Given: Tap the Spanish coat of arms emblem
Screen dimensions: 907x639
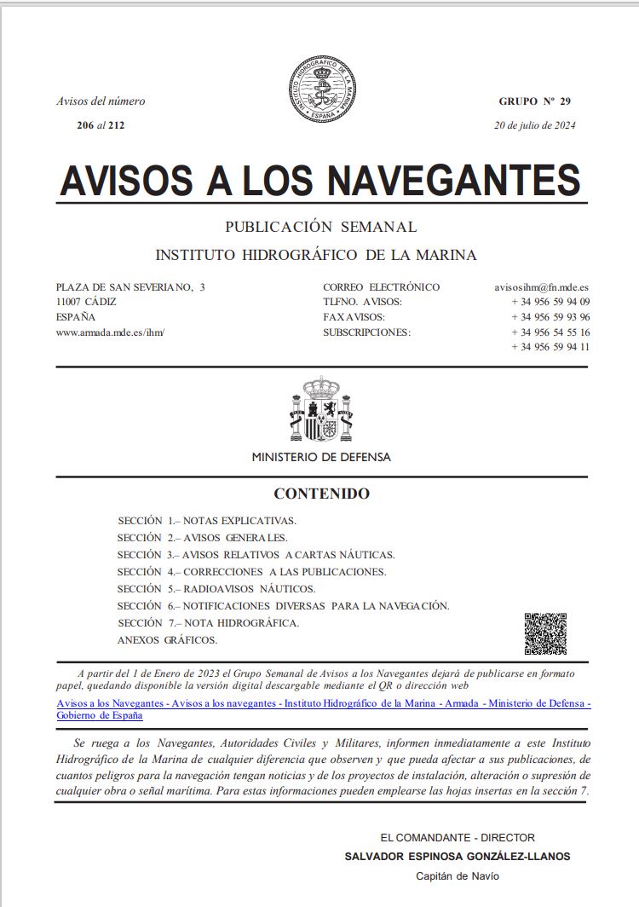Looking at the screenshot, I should click(x=320, y=411).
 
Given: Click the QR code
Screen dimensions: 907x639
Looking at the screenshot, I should click(x=545, y=633).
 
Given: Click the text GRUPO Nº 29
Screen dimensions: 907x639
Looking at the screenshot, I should click(x=534, y=101).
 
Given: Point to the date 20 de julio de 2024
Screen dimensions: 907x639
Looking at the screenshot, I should click(x=534, y=125).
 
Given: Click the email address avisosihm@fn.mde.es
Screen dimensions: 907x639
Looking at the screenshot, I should click(x=542, y=287).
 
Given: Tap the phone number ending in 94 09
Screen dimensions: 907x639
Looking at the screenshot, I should click(x=550, y=302).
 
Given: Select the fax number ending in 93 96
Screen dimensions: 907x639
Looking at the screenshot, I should click(x=550, y=317).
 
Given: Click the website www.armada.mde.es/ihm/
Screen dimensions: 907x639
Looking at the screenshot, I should click(x=109, y=332).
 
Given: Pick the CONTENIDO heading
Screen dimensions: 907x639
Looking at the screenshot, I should click(x=321, y=494).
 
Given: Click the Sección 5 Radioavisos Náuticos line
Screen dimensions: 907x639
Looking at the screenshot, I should click(x=216, y=588).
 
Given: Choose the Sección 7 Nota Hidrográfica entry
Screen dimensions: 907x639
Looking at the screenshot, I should click(x=208, y=622).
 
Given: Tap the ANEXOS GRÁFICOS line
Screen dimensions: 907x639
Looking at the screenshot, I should click(x=167, y=639).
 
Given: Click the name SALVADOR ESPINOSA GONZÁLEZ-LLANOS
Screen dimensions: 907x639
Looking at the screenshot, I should click(x=457, y=856).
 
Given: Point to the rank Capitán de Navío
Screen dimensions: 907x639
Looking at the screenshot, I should click(x=457, y=875).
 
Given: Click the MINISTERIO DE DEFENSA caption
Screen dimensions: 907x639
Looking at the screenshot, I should click(x=321, y=457).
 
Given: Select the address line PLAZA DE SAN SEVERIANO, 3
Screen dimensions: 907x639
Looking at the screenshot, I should click(x=130, y=287).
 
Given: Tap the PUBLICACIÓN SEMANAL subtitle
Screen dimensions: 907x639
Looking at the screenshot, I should click(x=320, y=227).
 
